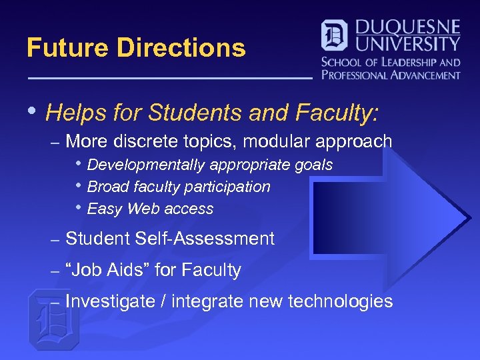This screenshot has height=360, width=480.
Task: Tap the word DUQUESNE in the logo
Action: pos(408,28)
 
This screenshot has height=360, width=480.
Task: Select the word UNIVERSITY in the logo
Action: pos(408,45)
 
